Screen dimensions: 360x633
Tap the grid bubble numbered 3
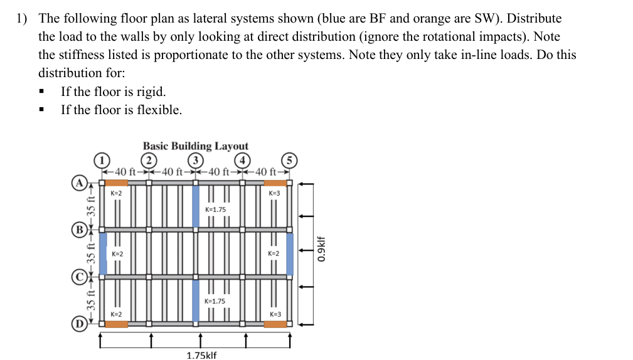[x=196, y=159]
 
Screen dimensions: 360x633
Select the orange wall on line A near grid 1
[x=116, y=183]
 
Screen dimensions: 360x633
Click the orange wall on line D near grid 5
[x=275, y=324]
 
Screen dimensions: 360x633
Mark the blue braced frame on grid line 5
[x=289, y=253]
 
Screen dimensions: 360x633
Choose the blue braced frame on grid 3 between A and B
[x=196, y=205]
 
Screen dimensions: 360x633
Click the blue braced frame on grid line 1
[x=104, y=253]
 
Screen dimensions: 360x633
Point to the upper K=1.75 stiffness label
[x=215, y=209]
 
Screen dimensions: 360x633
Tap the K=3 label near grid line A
[x=274, y=193]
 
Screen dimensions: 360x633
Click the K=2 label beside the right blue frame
[x=274, y=253]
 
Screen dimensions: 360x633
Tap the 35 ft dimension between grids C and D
[x=90, y=299]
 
